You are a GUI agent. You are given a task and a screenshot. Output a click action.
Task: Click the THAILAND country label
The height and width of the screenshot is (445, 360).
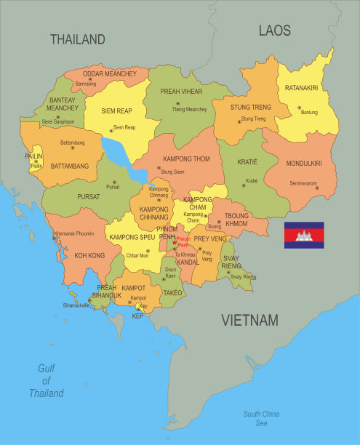point(77,39)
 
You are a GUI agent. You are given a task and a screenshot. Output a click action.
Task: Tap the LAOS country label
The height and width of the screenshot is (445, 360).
point(274,31)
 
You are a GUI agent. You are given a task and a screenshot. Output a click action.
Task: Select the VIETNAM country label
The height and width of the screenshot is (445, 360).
point(249,320)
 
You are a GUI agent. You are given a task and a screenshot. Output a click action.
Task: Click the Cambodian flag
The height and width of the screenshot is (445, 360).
point(304,235)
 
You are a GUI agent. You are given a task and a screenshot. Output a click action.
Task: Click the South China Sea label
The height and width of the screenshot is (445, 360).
point(262,418)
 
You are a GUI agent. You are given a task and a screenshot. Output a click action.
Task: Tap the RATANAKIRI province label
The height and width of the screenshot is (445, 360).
point(301,88)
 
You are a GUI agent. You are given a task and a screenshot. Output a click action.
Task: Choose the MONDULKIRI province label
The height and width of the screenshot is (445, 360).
point(303,163)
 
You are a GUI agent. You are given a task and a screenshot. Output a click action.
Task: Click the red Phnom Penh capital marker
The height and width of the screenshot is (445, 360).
point(174,243)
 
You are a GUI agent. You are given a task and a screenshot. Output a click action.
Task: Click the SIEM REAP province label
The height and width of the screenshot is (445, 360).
point(115,111)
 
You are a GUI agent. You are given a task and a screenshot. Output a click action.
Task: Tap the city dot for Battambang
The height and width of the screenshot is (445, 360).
point(73,148)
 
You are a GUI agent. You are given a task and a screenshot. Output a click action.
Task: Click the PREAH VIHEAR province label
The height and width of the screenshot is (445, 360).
point(181,92)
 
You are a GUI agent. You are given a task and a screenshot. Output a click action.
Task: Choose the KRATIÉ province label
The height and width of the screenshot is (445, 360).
point(247,164)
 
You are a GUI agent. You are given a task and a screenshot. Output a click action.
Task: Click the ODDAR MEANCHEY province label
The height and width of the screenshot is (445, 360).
point(109,73)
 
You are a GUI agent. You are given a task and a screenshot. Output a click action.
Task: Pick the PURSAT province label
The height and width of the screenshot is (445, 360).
point(89,196)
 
